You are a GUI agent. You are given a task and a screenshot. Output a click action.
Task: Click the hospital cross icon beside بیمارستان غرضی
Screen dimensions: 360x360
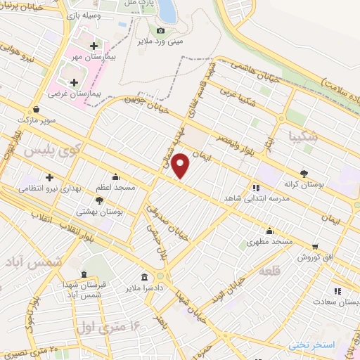[x=74, y=83]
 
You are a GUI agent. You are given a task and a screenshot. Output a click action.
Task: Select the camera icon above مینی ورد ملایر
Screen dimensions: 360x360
[x=161, y=30]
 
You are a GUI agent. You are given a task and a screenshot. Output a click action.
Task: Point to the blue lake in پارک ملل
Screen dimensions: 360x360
[x=167, y=9]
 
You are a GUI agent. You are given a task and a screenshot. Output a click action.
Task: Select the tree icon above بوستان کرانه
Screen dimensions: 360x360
[x=303, y=172]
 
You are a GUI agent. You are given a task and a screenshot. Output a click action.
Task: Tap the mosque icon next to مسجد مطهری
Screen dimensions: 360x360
[x=269, y=231]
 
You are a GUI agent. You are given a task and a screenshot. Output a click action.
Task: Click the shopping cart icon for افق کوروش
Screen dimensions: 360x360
[x=314, y=247]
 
